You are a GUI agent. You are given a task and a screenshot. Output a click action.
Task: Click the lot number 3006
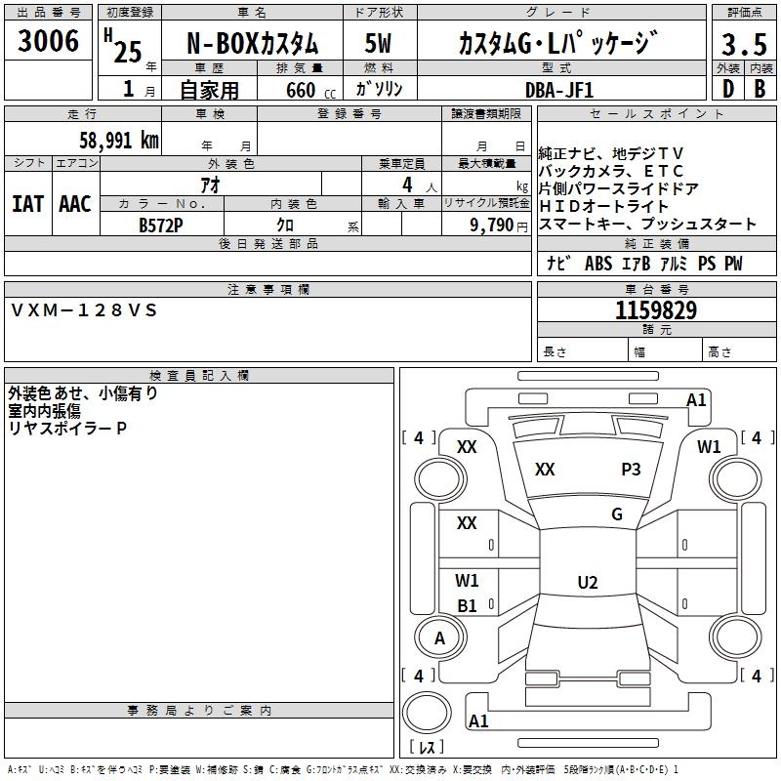pos(48,41)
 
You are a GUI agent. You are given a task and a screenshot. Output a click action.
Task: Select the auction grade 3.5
pos(744,44)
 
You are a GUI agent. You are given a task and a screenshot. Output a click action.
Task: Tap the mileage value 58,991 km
pos(119,140)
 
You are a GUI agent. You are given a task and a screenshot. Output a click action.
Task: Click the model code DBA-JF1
pos(559,90)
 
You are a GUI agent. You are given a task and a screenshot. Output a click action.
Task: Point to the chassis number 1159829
pos(656,310)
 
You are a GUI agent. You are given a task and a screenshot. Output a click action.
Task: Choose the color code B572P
pos(161,226)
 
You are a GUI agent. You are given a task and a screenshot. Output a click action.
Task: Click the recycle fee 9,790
pos(492,226)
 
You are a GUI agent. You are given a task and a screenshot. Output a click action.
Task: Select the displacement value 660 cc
pos(310,90)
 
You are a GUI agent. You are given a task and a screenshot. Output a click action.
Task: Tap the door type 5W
pos(378,43)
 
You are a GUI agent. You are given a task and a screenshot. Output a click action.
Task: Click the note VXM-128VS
pos(84,310)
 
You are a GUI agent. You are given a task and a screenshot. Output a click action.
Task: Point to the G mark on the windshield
pos(617,514)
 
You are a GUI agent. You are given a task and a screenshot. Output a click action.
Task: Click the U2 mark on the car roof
pos(588,582)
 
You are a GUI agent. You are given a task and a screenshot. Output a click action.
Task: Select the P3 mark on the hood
pos(631,469)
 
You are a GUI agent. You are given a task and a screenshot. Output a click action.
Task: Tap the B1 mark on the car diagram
pos(467,605)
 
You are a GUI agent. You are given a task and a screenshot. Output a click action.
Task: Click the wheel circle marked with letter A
pos(440,637)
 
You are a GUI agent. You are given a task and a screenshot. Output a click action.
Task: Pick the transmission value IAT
pos(27,204)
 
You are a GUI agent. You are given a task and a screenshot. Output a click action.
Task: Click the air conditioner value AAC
pos(75,204)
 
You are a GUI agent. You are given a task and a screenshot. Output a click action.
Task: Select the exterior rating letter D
pos(728,89)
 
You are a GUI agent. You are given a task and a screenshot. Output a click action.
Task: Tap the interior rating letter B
pos(760,89)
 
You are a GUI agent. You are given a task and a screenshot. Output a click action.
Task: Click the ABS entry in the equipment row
pos(598,264)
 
